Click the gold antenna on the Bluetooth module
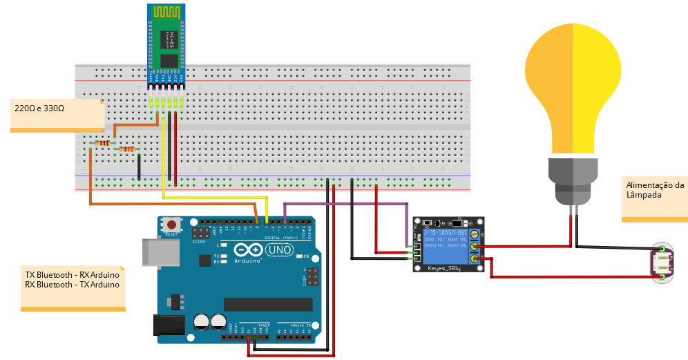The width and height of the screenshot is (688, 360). coord(166,13)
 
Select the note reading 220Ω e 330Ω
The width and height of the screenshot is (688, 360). coord(40,108)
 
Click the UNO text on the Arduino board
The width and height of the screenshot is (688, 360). coord(279,249)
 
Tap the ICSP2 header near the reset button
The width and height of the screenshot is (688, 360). coord(202,234)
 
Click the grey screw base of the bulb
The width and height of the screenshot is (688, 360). coord(573,178)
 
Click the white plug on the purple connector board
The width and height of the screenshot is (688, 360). coord(663,263)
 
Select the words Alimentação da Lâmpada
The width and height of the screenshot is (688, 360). coord(654,190)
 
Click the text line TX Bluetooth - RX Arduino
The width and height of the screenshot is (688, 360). coord(72,275)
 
